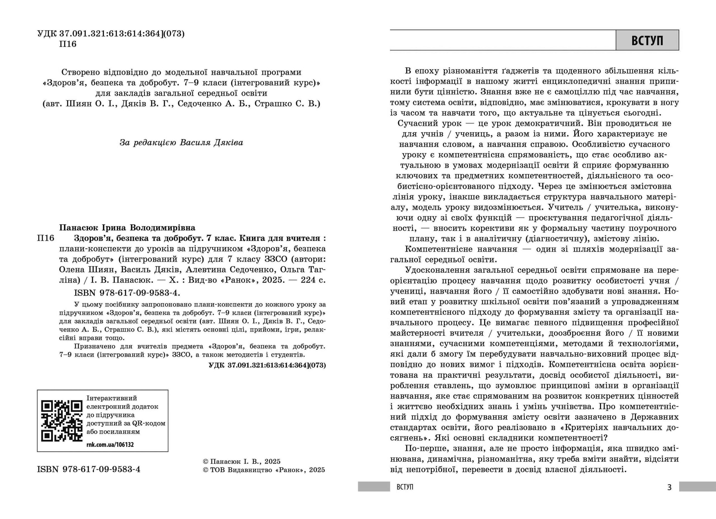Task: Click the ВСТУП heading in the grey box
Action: [647, 40]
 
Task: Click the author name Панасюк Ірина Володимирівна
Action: [127, 227]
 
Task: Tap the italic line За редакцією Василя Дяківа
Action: [181, 143]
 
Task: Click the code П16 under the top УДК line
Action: [68, 44]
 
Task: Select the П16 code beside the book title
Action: [46, 238]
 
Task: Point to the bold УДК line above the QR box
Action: [267, 365]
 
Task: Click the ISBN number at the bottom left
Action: [89, 469]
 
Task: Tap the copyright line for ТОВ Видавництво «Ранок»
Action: [264, 470]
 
